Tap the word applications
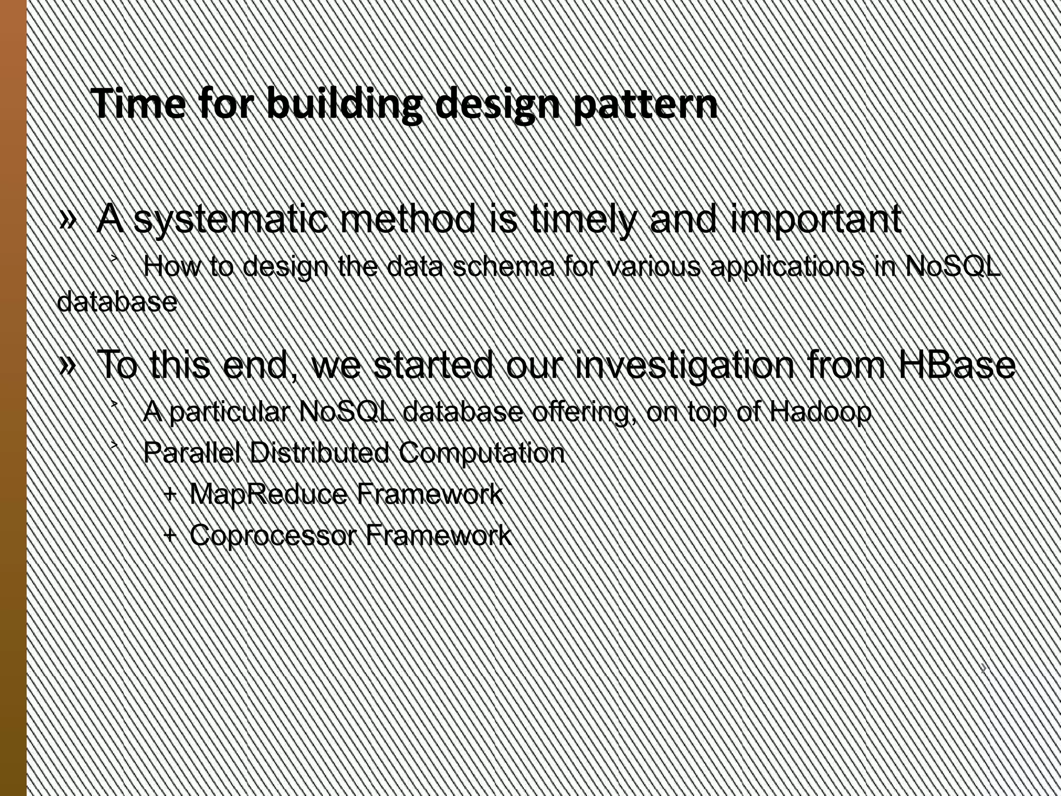point(787,267)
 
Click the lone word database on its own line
point(117,302)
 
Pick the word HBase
point(956,365)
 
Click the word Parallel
point(191,453)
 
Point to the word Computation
point(481,453)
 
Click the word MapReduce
point(268,494)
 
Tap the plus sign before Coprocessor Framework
point(169,534)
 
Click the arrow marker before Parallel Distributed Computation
point(114,445)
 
